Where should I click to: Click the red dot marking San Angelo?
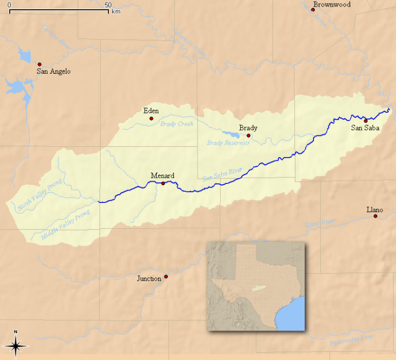pyautogui.click(x=39, y=64)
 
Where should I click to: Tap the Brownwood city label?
pyautogui.click(x=332, y=5)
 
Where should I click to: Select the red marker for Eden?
pyautogui.click(x=151, y=118)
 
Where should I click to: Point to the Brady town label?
pyautogui.click(x=248, y=128)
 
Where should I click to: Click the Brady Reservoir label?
pyautogui.click(x=228, y=143)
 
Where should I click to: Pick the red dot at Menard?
pyautogui.click(x=163, y=183)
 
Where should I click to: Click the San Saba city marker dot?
pyautogui.click(x=366, y=121)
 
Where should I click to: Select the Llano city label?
pyautogui.click(x=375, y=209)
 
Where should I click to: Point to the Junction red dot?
pyautogui.click(x=166, y=277)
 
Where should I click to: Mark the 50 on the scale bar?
pyautogui.click(x=108, y=5)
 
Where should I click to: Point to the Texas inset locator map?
pyautogui.click(x=256, y=286)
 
